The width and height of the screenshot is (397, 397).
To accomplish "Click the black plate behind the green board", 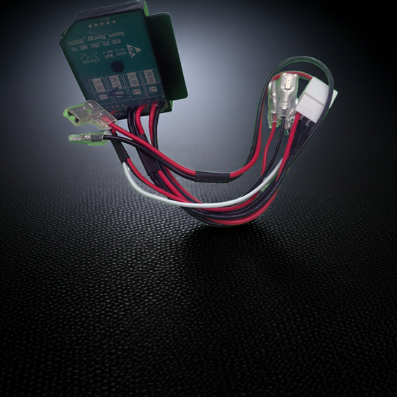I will (x=170, y=56).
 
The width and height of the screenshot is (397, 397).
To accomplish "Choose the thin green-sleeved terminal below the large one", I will (x=84, y=138).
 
